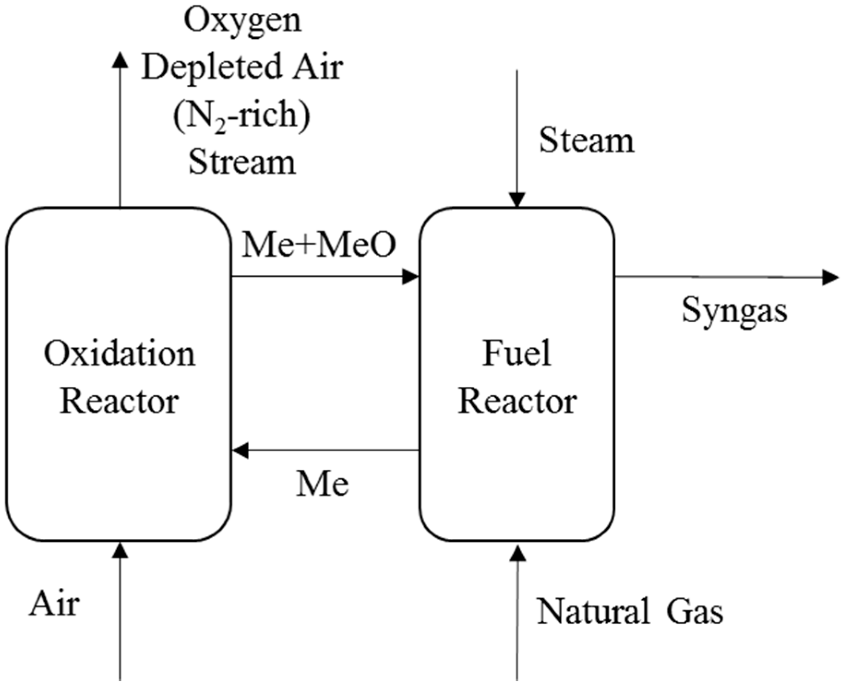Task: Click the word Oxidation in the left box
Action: coord(119,354)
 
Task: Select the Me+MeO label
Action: coord(318,245)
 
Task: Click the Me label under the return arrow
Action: coord(322,484)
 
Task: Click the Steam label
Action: coord(587,141)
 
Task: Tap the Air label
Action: coord(54,604)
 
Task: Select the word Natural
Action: coord(593,612)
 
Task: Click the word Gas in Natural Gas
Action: coord(695,612)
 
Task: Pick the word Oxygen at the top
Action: coord(243,20)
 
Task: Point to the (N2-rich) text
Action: coord(242,115)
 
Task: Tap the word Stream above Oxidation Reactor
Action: coord(242,162)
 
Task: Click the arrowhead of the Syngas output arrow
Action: coord(830,278)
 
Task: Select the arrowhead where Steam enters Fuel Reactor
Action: coord(517,200)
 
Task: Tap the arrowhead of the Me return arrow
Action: coord(240,450)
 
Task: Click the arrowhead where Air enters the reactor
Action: coord(120,550)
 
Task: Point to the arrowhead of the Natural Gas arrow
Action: coord(518,553)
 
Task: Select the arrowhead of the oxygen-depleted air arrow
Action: coord(120,60)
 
